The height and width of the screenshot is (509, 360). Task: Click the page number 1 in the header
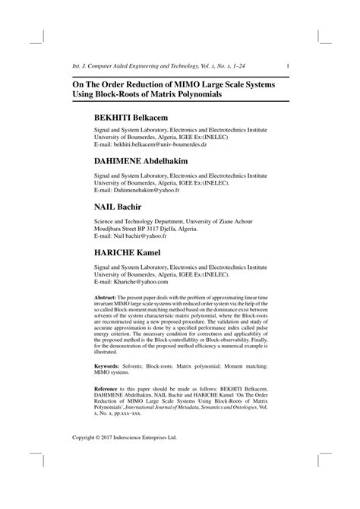[287, 65]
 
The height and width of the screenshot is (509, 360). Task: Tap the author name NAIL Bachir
[120, 207]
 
